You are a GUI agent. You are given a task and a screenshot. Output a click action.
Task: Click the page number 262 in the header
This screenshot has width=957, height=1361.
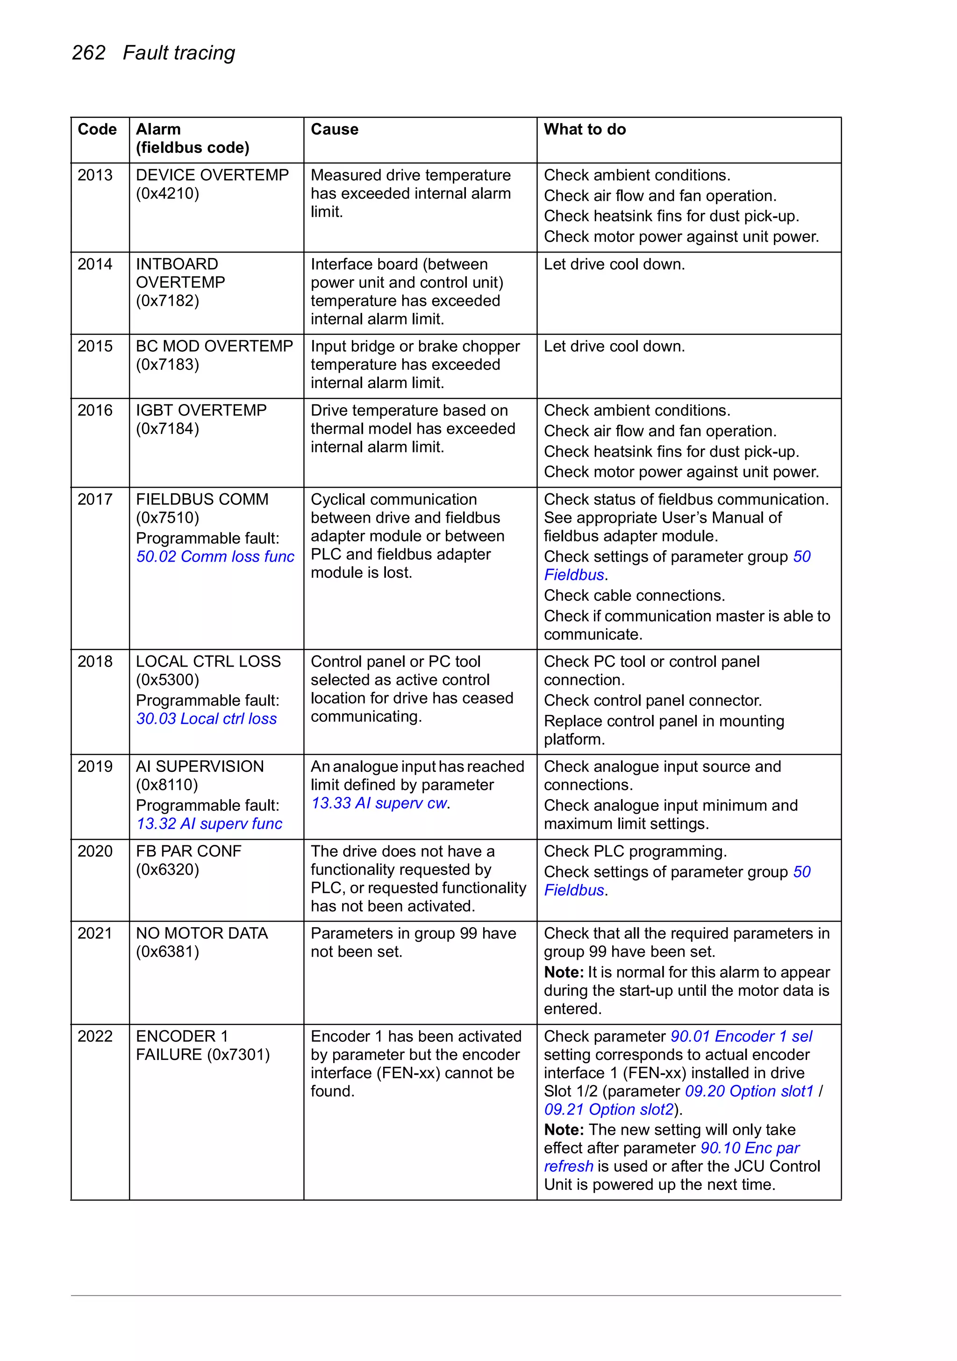click(x=88, y=53)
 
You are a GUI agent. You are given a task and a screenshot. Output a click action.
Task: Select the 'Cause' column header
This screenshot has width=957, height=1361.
click(x=334, y=129)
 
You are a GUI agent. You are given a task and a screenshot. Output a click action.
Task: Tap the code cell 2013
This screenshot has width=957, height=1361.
click(x=95, y=175)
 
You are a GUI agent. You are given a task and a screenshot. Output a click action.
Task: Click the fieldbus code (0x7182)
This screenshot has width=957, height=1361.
click(x=167, y=301)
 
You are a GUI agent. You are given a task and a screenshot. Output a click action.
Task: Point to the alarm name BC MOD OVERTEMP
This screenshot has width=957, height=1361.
click(x=214, y=346)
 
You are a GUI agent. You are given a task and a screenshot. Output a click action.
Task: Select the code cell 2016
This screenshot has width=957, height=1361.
click(x=95, y=410)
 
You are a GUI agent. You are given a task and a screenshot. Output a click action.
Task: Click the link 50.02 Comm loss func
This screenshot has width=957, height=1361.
click(x=215, y=557)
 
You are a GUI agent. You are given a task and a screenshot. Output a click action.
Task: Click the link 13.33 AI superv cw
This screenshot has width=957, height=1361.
click(x=379, y=803)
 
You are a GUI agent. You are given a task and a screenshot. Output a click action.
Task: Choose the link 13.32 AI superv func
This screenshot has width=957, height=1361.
click(x=209, y=824)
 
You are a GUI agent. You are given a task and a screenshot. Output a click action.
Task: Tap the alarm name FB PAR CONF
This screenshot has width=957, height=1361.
click(x=188, y=851)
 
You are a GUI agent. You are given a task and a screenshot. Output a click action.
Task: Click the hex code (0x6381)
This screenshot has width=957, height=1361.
click(x=167, y=951)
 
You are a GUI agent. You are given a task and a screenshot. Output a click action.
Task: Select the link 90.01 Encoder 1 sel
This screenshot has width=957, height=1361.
click(x=741, y=1036)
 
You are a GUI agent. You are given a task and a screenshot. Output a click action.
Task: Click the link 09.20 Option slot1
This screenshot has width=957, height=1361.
click(x=749, y=1091)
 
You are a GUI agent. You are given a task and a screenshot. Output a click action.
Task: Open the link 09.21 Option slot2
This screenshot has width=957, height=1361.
click(x=608, y=1109)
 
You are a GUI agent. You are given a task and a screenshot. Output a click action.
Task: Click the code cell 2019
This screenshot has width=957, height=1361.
click(x=95, y=766)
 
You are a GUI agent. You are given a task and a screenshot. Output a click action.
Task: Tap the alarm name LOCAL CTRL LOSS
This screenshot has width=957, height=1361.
click(x=208, y=662)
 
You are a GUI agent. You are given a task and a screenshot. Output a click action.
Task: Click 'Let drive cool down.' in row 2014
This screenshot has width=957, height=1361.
click(x=614, y=264)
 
